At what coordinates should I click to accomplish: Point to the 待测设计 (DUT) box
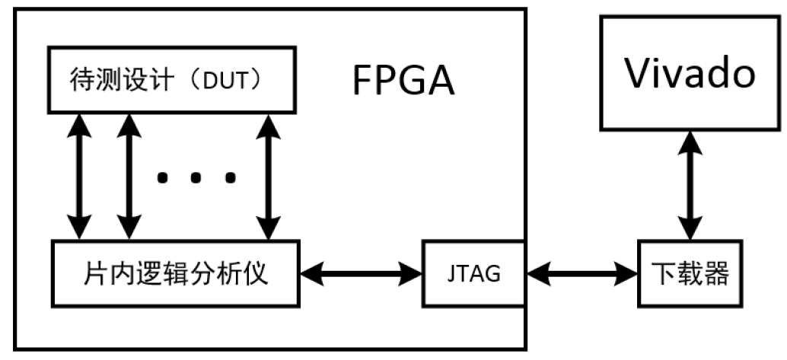click(x=170, y=79)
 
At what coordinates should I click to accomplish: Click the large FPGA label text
click(x=403, y=81)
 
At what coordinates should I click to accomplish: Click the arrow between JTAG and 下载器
click(x=581, y=272)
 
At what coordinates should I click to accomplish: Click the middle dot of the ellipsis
click(x=196, y=178)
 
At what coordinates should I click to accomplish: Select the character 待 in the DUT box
click(x=80, y=79)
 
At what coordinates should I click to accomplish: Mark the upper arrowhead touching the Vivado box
click(x=691, y=139)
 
